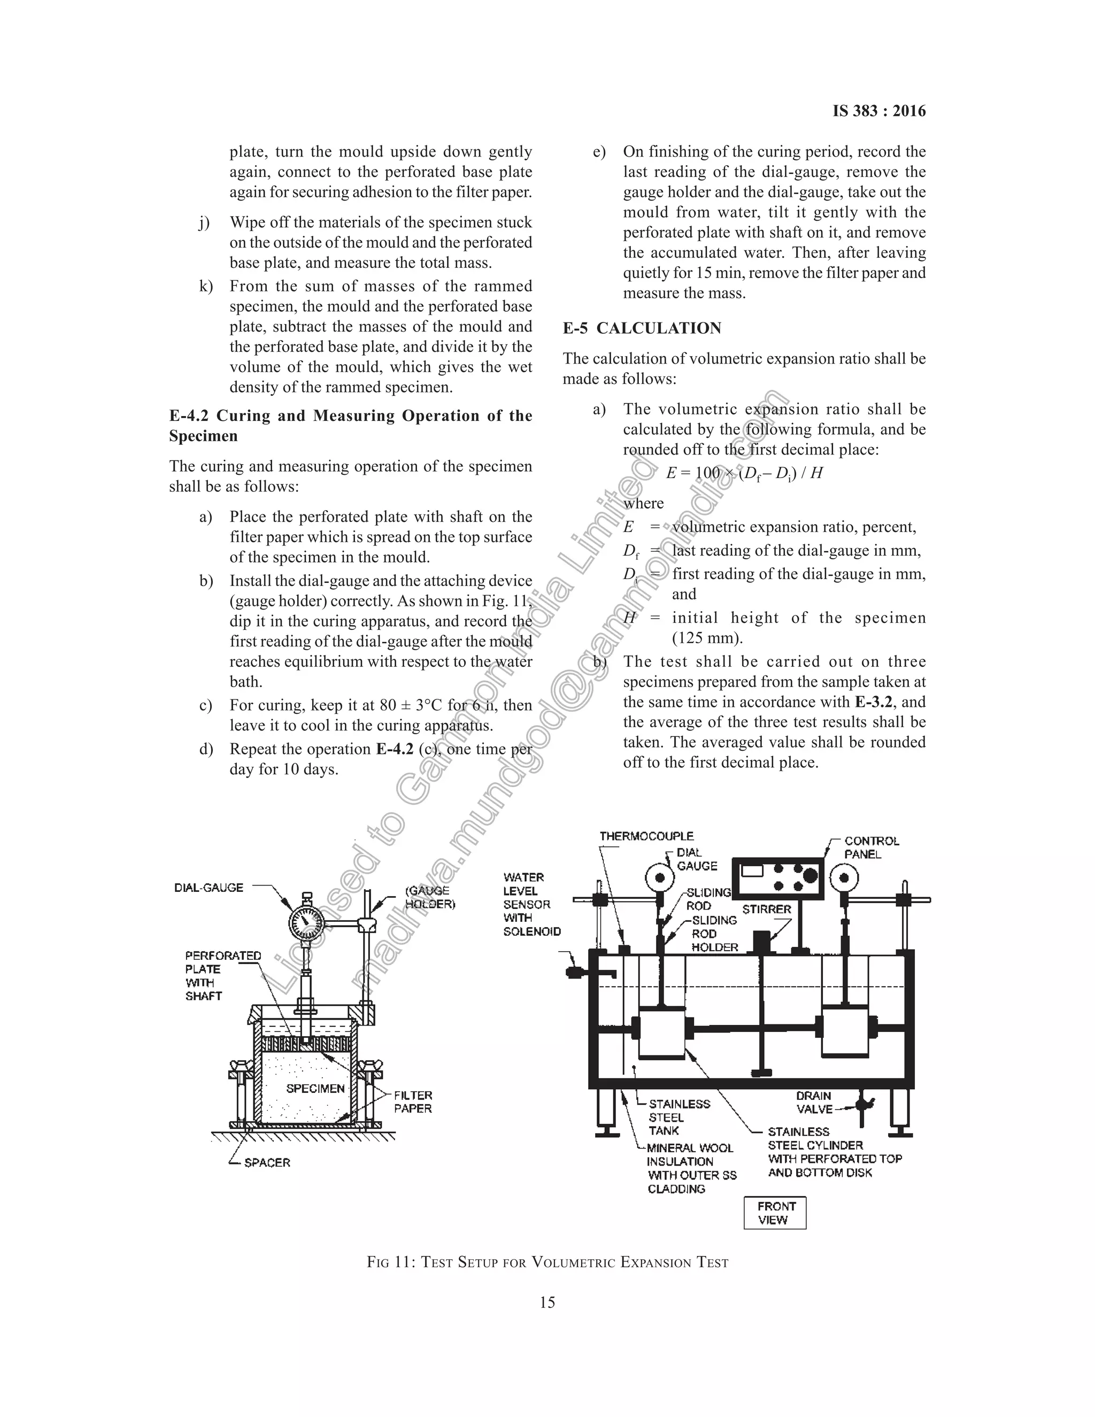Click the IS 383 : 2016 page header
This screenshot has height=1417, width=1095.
coord(879,111)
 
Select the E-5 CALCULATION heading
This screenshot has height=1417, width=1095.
coord(642,328)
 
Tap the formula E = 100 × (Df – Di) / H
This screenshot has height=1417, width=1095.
coord(744,473)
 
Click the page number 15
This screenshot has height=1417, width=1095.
coord(547,1302)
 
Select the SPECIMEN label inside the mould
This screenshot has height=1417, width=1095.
coord(315,1088)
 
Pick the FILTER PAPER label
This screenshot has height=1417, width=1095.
coord(413,1102)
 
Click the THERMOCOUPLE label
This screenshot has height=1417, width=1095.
coord(646,836)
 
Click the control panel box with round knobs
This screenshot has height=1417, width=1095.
coord(777,878)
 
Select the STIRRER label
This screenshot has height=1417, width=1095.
coord(767,909)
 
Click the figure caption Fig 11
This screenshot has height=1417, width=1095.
coord(547,1262)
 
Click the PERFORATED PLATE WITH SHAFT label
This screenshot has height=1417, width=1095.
coord(222,975)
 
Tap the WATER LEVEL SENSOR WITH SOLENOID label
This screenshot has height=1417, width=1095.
coord(530,904)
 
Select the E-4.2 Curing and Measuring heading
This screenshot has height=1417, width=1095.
coord(350,425)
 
